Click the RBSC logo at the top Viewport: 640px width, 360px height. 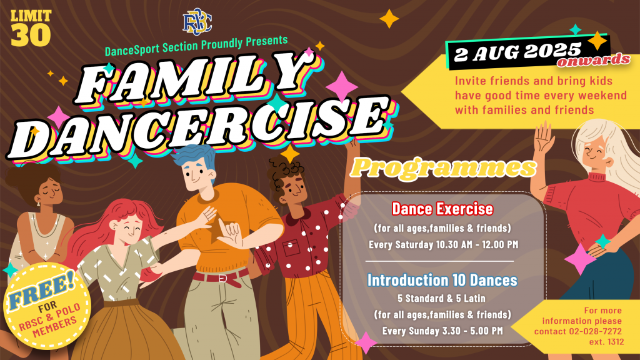click(197, 22)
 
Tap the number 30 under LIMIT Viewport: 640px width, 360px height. click(31, 35)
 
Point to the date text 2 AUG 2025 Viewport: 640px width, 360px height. click(517, 52)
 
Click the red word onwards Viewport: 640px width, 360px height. click(594, 61)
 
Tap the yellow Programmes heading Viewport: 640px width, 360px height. click(443, 167)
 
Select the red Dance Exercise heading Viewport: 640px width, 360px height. click(442, 209)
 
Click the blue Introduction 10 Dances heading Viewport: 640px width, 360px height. click(442, 280)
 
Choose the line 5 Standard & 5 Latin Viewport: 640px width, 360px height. click(442, 298)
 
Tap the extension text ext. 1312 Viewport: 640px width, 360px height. click(606, 342)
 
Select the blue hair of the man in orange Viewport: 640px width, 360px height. click(195, 157)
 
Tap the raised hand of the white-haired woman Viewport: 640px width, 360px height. click(544, 138)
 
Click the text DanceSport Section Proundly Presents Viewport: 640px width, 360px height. click(196, 46)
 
